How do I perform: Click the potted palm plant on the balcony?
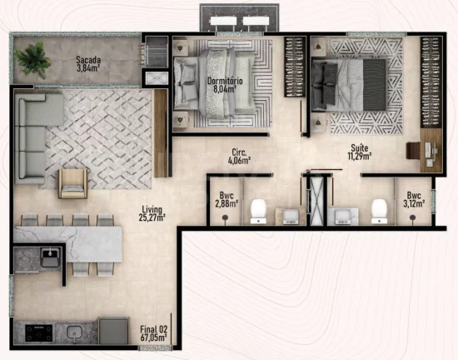click(32, 60)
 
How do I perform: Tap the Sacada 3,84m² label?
click(88, 64)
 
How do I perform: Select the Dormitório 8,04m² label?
click(225, 85)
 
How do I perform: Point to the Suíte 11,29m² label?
click(359, 152)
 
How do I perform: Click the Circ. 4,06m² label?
click(239, 157)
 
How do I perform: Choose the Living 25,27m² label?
click(152, 213)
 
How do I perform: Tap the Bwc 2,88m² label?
click(227, 199)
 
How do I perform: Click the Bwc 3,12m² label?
click(414, 199)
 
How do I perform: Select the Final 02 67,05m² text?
click(154, 333)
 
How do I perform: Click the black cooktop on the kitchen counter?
click(38, 333)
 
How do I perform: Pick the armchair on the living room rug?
click(72, 184)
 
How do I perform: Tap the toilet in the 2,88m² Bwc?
click(258, 212)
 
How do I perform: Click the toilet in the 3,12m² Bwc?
click(379, 212)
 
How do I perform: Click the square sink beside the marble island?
click(50, 257)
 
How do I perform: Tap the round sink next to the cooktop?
click(75, 332)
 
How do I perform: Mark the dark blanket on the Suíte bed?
click(374, 85)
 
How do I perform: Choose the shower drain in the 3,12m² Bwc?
click(412, 217)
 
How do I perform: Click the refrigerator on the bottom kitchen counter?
click(113, 331)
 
